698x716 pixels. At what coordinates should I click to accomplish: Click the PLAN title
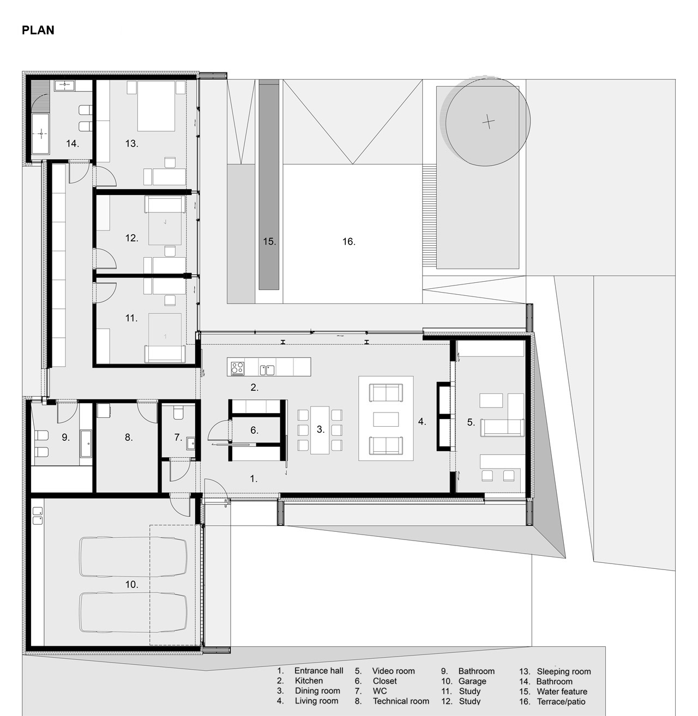[x=38, y=30]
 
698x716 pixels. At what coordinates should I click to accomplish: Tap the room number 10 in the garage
[x=131, y=584]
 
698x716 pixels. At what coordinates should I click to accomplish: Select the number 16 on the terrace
[x=348, y=241]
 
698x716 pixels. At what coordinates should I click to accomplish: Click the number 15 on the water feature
[x=269, y=241]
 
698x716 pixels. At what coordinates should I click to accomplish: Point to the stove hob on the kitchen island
[x=237, y=368]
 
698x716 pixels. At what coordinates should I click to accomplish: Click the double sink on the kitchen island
[x=267, y=370]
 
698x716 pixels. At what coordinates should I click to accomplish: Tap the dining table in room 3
[x=320, y=430]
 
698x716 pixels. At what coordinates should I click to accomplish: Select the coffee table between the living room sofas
[x=386, y=419]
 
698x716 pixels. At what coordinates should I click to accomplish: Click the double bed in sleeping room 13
[x=156, y=106]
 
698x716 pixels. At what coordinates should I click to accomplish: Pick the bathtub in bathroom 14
[x=40, y=134]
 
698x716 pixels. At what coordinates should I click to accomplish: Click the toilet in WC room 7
[x=178, y=413]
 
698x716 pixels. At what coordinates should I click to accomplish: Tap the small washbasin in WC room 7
[x=191, y=444]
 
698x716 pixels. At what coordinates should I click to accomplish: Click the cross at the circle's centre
[x=488, y=122]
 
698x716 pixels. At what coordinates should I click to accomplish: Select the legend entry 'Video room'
[x=393, y=671]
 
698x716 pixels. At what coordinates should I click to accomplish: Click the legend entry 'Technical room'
[x=401, y=701]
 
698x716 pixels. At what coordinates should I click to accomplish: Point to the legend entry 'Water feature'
[x=562, y=691]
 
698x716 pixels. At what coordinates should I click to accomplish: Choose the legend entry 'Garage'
[x=472, y=681]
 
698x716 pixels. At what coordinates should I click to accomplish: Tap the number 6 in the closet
[x=254, y=430]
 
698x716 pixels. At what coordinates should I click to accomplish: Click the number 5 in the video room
[x=471, y=422]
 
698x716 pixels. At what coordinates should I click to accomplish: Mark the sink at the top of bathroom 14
[x=64, y=86]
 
